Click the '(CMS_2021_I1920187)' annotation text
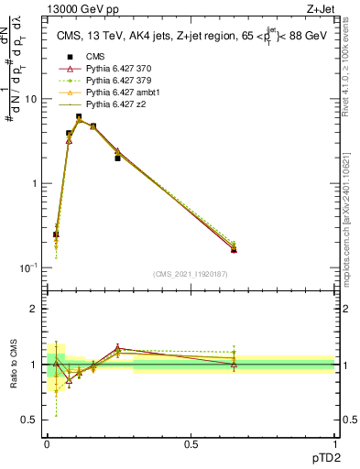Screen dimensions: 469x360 [x=190, y=274]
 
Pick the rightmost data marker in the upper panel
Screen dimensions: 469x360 [x=234, y=249]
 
